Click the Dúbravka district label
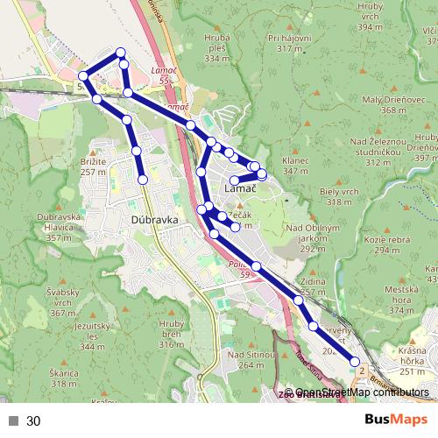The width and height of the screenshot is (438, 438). pyautogui.click(x=153, y=221)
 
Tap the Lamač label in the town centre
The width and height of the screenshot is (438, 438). pyautogui.click(x=240, y=188)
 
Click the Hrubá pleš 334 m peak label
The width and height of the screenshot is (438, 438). pyautogui.click(x=216, y=48)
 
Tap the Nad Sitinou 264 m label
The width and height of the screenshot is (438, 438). pyautogui.click(x=245, y=359)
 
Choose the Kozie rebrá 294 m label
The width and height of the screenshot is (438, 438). pyautogui.click(x=387, y=244)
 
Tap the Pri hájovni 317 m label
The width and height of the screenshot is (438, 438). pyautogui.click(x=291, y=43)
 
